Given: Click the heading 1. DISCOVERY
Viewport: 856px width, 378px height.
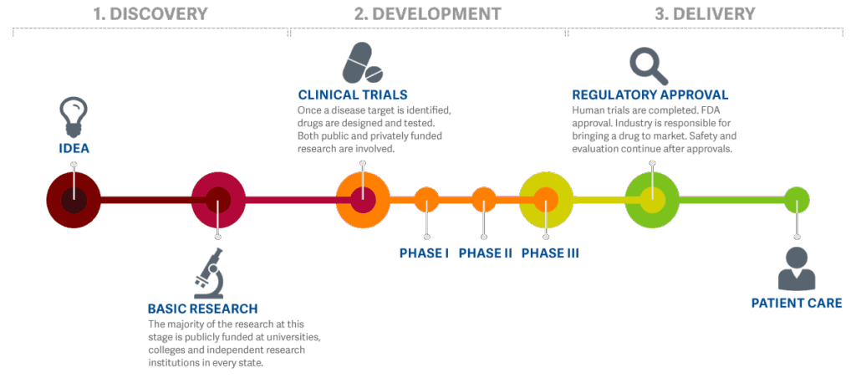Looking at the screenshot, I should point(150,14).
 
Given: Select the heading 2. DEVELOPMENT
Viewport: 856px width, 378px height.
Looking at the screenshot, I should point(427,14).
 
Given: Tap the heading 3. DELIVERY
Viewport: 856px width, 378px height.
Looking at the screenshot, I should point(705,14).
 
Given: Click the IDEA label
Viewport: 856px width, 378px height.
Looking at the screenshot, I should point(74,150).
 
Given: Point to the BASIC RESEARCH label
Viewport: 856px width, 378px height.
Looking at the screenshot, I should point(202,309).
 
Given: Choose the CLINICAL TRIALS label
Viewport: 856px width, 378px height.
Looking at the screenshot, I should point(353,94).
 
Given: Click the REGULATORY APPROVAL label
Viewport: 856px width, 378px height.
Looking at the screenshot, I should point(650,94).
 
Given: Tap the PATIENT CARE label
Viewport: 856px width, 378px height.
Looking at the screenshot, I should point(796,303).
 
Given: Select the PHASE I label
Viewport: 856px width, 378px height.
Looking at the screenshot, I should point(425,253).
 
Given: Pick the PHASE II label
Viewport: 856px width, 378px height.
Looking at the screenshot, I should point(485,253).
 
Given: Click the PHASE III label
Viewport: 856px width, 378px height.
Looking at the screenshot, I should point(549,253).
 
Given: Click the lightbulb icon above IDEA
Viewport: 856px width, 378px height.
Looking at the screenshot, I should point(73,118).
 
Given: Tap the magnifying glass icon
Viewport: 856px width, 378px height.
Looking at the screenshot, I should point(645,64).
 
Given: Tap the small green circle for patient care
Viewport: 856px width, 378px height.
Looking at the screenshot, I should point(797,200).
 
